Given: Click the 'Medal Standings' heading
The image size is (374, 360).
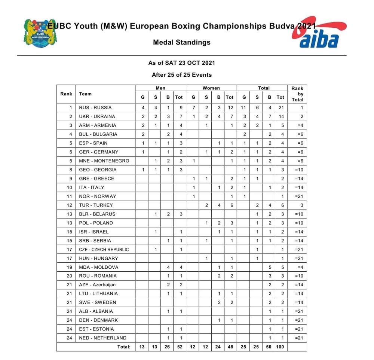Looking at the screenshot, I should click(x=182, y=42).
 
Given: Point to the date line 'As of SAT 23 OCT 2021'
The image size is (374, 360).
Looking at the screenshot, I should click(x=182, y=63).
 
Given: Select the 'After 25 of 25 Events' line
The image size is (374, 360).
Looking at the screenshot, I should click(x=182, y=75).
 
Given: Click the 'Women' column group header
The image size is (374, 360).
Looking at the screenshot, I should click(x=211, y=88).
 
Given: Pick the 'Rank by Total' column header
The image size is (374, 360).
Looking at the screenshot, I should click(x=297, y=94).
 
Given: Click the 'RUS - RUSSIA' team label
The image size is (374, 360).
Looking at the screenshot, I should click(x=95, y=108).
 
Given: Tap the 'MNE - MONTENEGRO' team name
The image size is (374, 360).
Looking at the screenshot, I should click(x=104, y=161).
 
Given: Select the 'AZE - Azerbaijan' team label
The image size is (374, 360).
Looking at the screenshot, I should click(x=98, y=285).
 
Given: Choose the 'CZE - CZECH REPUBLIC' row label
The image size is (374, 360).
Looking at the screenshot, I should click(x=104, y=250).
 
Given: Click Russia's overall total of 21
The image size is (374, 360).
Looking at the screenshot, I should click(x=280, y=108).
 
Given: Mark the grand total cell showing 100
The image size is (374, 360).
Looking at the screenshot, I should click(x=280, y=347).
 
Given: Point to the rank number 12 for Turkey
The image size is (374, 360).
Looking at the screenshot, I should click(x=66, y=205).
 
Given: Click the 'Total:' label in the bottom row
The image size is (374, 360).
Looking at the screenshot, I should click(x=123, y=347).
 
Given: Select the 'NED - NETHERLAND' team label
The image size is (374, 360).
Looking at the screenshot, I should click(x=102, y=338).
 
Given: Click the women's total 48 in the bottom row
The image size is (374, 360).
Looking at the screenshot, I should click(x=230, y=347).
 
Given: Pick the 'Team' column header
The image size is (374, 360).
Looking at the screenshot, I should click(x=85, y=94).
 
